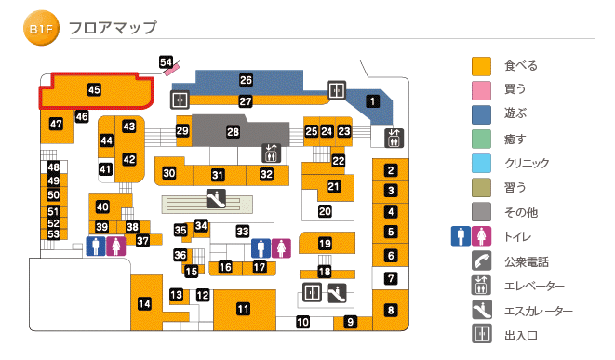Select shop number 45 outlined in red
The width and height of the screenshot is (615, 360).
94,90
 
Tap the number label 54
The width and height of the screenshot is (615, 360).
167,62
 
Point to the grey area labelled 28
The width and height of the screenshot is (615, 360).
233,132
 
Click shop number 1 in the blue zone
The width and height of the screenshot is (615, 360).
372,101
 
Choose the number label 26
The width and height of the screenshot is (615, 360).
246,80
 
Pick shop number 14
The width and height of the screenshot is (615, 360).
144,303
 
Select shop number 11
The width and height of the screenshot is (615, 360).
244,309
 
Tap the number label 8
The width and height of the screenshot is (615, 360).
391,310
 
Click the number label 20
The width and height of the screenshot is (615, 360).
325,210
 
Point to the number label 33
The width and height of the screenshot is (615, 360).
243,231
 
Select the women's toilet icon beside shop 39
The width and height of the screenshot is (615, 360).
114,246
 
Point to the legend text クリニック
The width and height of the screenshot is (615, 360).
526,164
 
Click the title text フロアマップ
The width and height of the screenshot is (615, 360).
113,29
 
